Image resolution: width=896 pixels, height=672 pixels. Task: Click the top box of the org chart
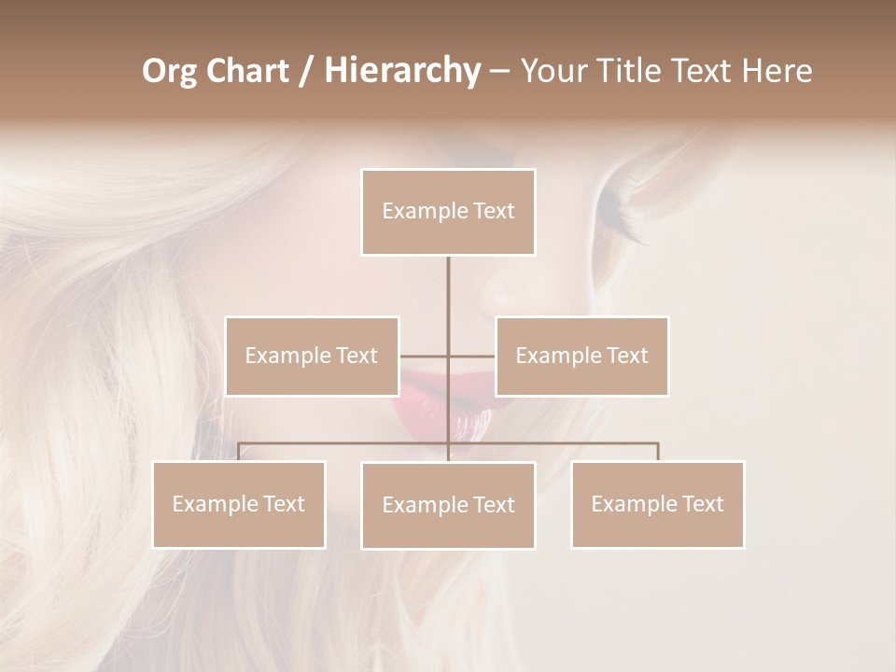coord(448,212)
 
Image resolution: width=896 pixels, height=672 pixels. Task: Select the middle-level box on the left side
coord(312,356)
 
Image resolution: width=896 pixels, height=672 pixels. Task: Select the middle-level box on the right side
coord(581,356)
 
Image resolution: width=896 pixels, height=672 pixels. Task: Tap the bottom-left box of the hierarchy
coord(239,504)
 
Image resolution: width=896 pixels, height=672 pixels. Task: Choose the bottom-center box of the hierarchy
coord(448,505)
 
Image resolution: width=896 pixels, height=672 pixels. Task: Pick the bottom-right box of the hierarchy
coord(657,504)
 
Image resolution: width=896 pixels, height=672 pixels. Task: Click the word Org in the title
coord(169,71)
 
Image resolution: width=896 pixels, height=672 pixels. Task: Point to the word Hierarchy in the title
coord(402,71)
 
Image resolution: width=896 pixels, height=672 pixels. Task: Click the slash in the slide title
coord(305,71)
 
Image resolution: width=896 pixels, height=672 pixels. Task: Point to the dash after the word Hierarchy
coord(499,72)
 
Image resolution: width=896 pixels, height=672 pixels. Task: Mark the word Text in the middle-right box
coord(626,356)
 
